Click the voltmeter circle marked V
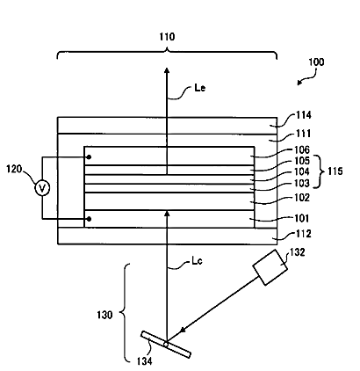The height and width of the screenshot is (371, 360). coord(42,188)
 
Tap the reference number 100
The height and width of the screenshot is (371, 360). coord(316,62)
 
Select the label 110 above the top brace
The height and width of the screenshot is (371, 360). coord(167,37)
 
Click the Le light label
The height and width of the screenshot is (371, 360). coord(200,88)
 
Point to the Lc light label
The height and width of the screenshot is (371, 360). coord(197,261)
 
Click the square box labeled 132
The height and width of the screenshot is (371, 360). coord(270,267)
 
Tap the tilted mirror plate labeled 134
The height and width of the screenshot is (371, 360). coord(166,345)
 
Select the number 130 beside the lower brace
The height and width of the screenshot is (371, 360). coord(104,315)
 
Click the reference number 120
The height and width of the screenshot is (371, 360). coord(14,169)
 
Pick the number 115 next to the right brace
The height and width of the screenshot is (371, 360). coord(335,171)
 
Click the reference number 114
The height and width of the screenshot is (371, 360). coord(303,115)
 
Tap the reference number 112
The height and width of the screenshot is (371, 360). coord(303,234)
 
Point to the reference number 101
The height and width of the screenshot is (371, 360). coord(301,218)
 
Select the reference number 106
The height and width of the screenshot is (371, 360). coord(302,150)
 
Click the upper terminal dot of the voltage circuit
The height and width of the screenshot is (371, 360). coord(90,157)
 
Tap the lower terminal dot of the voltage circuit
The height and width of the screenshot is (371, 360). coord(90,219)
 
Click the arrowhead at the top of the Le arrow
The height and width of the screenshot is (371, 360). coord(167,70)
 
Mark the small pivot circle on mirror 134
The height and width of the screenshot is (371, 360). coord(166,345)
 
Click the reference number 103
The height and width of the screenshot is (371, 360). coord(302,183)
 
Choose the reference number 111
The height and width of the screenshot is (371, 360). coord(303,134)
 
